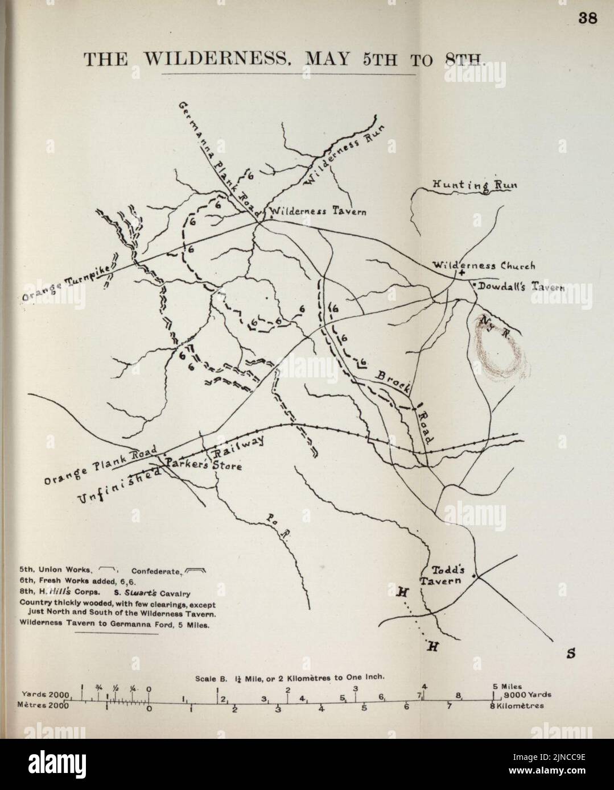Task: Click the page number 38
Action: pyautogui.click(x=587, y=19)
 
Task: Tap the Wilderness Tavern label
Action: pyautogui.click(x=317, y=211)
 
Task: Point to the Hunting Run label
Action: pyautogui.click(x=470, y=185)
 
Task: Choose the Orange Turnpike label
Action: pyautogui.click(x=68, y=282)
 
